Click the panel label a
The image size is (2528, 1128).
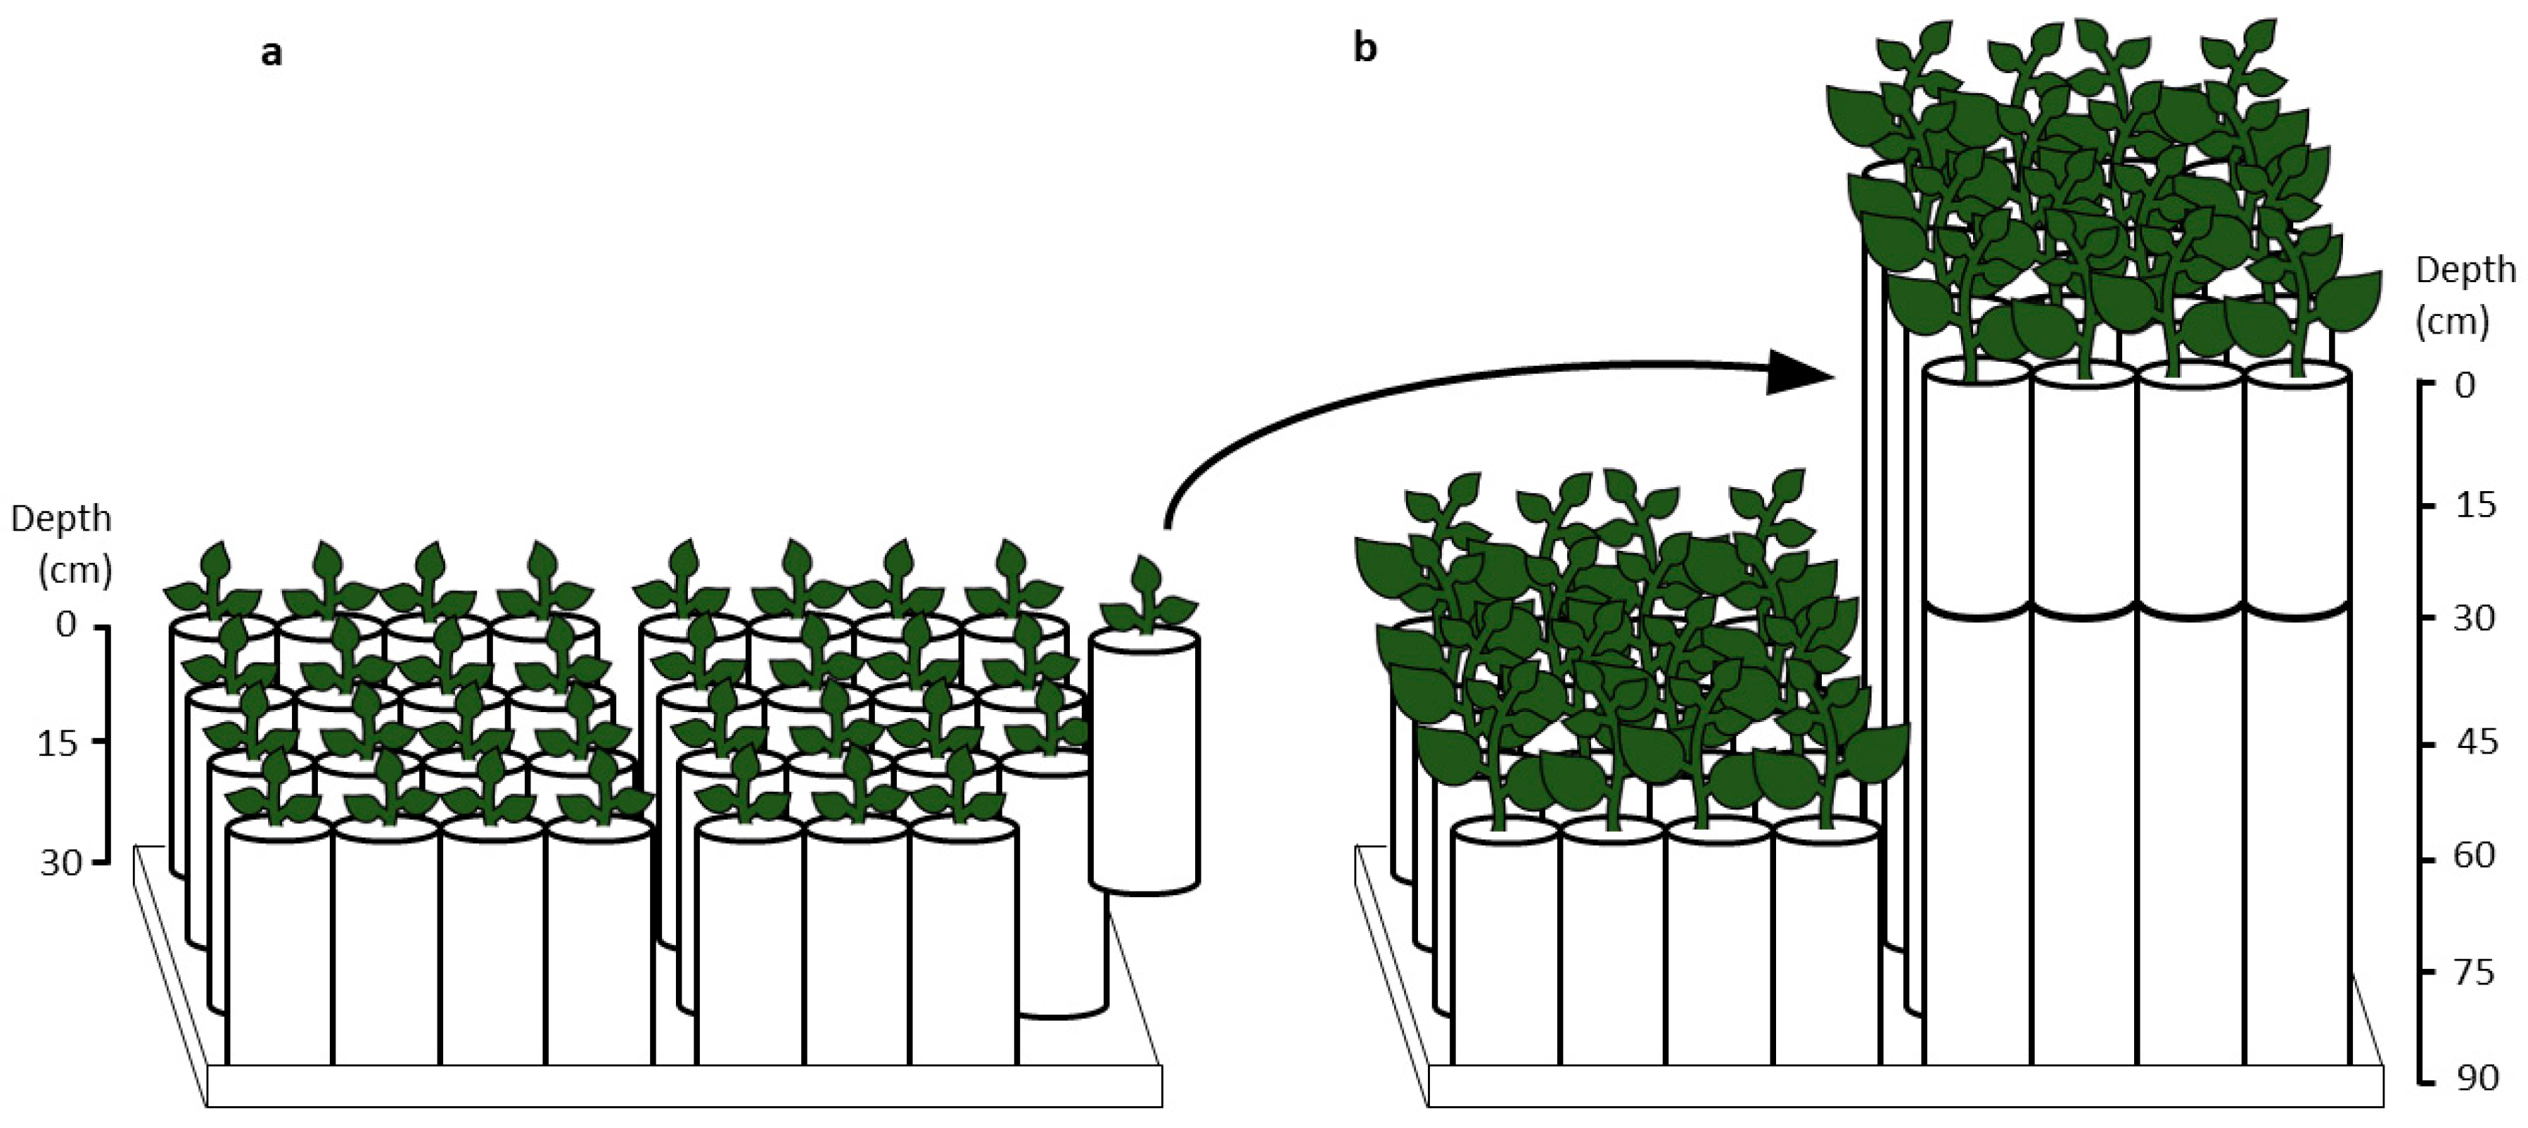coord(272,53)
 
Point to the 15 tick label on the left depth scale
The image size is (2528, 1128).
coord(57,742)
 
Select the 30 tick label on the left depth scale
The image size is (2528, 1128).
coord(61,862)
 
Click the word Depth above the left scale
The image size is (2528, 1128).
coord(61,519)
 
